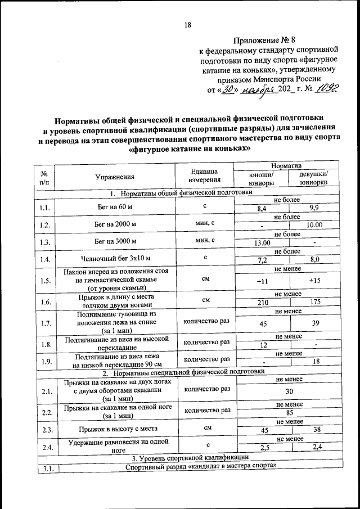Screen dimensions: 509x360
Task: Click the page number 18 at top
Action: point(188,24)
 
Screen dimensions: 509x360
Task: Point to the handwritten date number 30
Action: point(228,89)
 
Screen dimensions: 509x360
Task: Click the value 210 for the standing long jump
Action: point(263,303)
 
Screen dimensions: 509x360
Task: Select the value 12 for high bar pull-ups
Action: point(263,345)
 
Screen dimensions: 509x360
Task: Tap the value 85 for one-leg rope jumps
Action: point(288,412)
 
